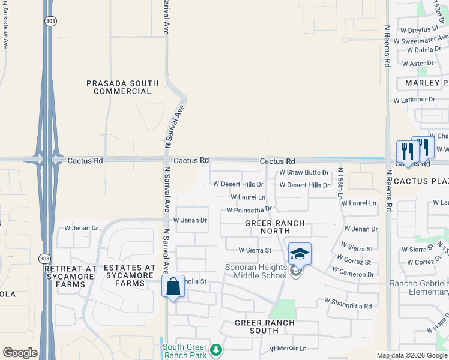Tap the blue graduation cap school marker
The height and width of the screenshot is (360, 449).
(299, 254)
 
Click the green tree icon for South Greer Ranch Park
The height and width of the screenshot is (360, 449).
(215, 349)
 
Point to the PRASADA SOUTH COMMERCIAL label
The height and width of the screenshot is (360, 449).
(122, 88)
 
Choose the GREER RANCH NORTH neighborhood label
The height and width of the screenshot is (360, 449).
(274, 227)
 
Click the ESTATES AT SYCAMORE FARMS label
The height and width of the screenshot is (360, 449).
(129, 272)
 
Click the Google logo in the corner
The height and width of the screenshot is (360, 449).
(20, 353)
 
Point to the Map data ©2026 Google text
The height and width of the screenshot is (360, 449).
(412, 355)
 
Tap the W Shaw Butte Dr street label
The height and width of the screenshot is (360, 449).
(304, 173)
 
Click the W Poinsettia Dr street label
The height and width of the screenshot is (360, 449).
(249, 210)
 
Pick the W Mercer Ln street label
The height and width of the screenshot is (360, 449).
(288, 348)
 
